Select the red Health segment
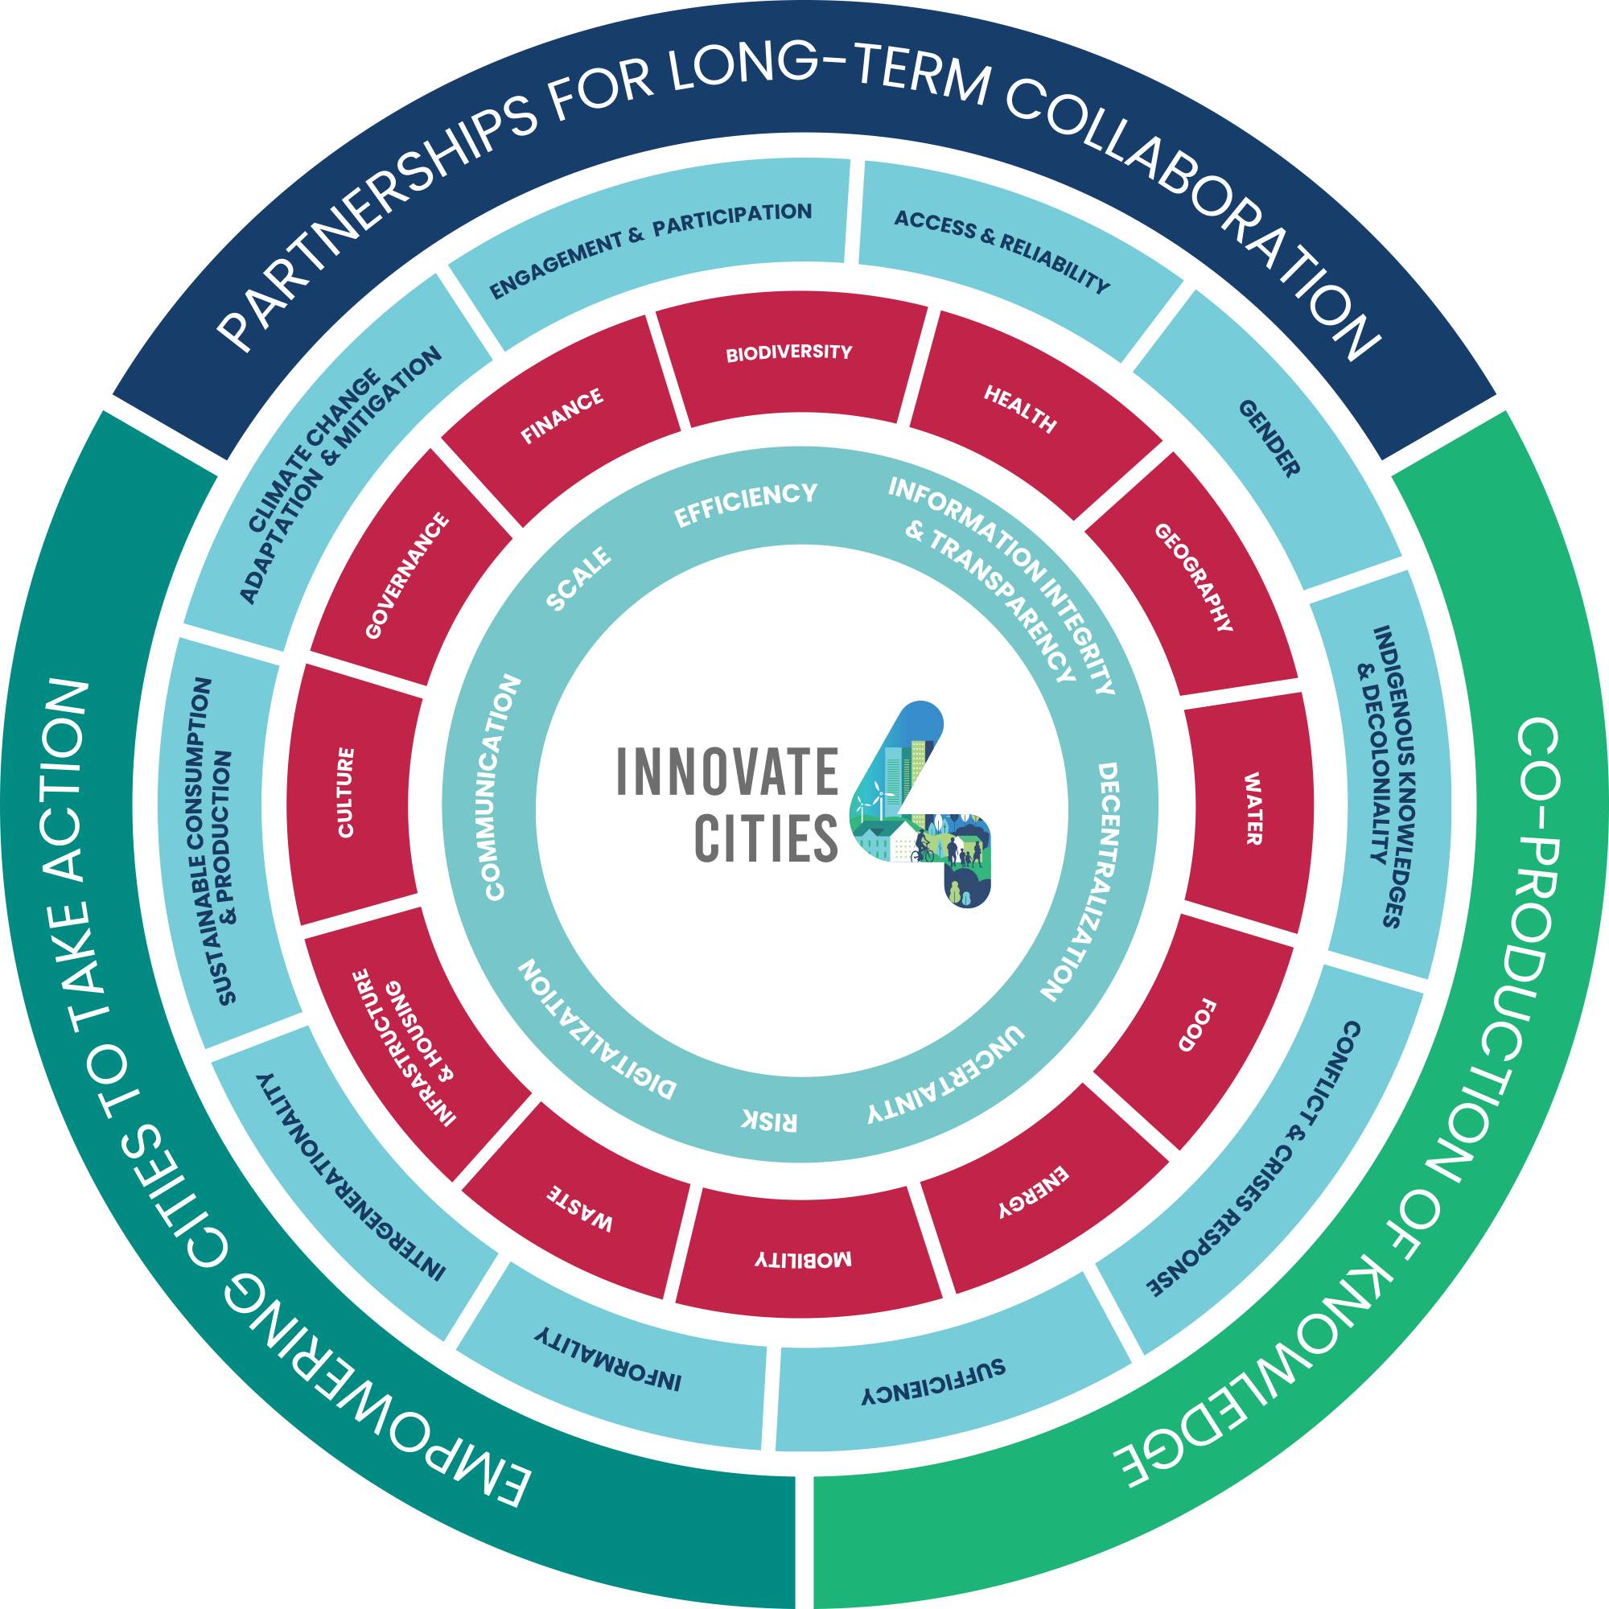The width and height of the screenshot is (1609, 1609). point(1020,408)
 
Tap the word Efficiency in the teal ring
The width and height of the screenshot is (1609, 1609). point(746,504)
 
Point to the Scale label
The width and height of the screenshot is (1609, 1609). point(578,578)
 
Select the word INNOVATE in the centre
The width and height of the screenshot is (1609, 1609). point(727,772)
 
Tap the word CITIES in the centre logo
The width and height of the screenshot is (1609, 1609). point(765,837)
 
